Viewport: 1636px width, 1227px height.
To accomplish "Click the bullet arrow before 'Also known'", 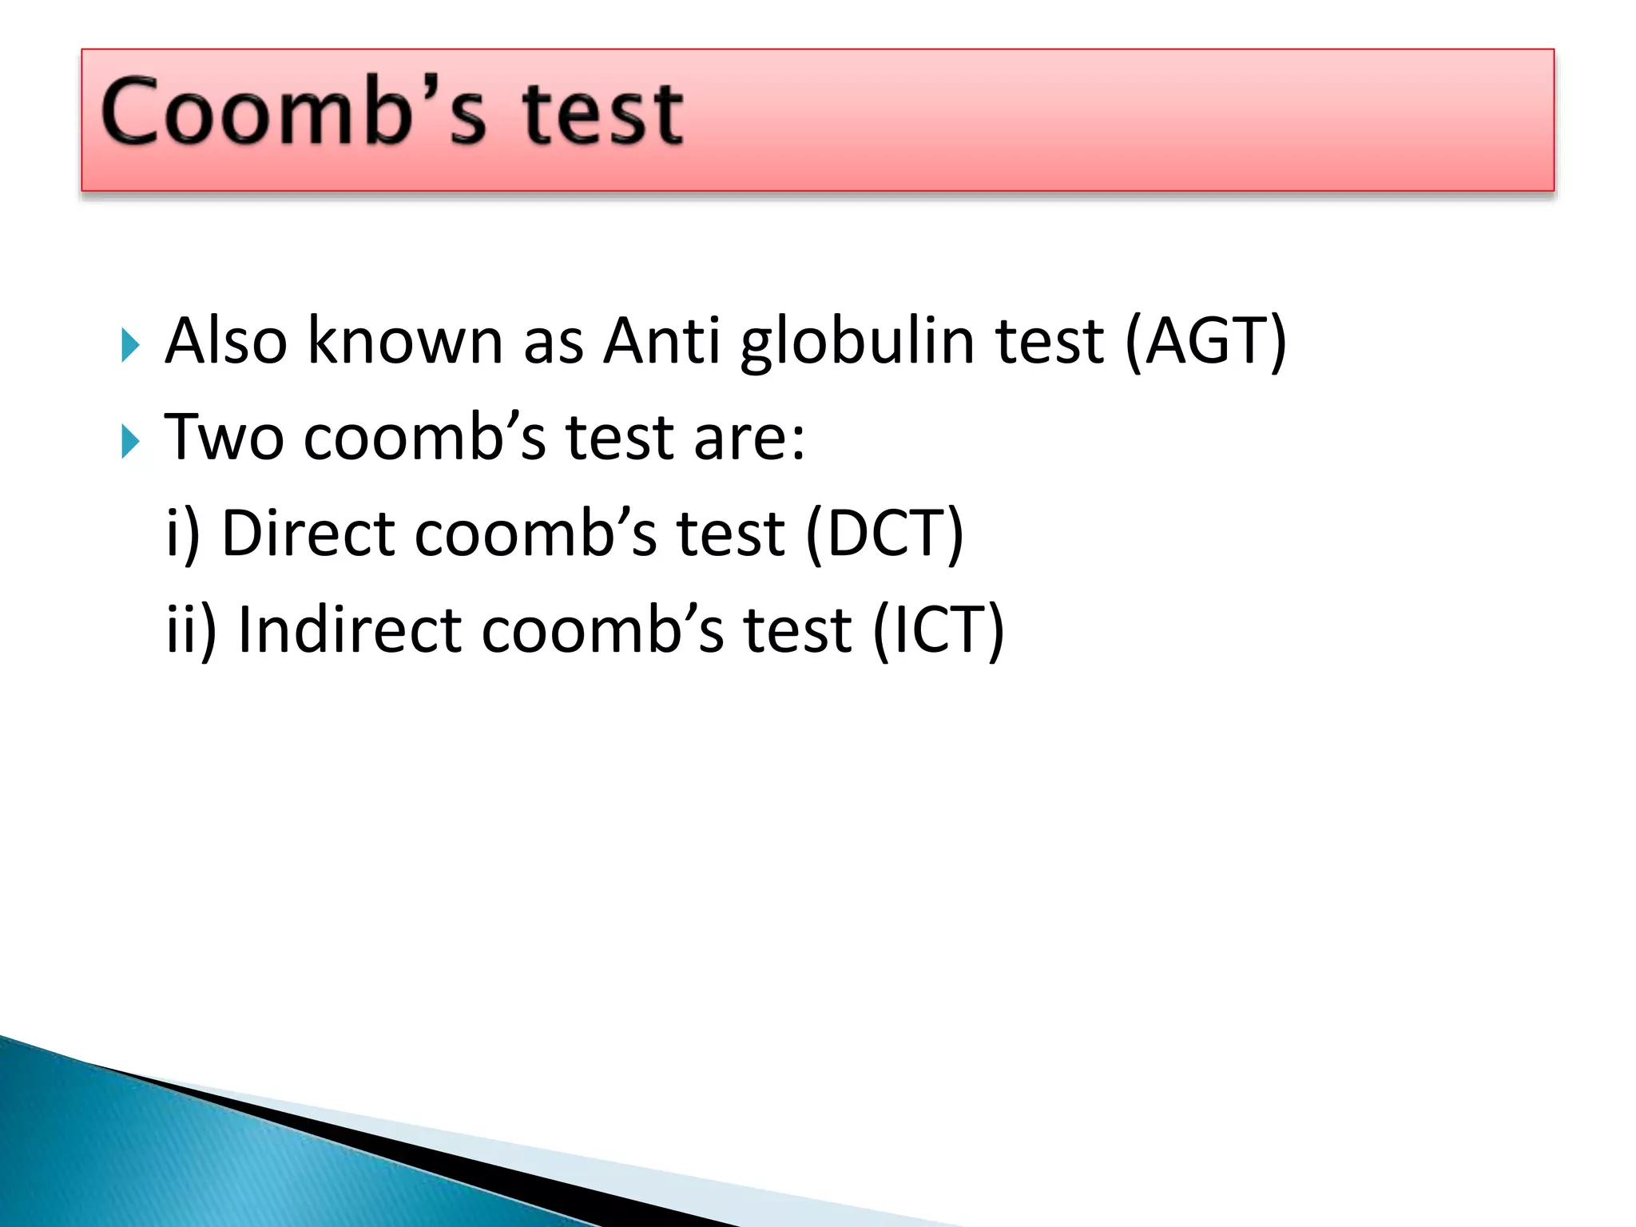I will pyautogui.click(x=131, y=345).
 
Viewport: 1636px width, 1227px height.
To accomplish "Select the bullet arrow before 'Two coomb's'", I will pyautogui.click(x=131, y=442).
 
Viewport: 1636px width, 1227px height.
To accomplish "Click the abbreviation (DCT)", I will pyautogui.click(x=885, y=534).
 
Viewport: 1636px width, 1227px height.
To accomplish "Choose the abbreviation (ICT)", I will pyautogui.click(x=939, y=630).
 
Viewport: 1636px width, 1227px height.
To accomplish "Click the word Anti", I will pyautogui.click(x=661, y=342).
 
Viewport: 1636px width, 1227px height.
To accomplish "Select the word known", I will pyautogui.click(x=405, y=342).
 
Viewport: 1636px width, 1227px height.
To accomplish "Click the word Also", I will pyautogui.click(x=226, y=342).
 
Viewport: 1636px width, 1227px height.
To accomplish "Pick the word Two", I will pyautogui.click(x=224, y=438).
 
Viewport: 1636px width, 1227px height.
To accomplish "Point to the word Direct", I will pyautogui.click(x=308, y=534).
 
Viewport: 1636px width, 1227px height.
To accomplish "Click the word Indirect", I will pyautogui.click(x=350, y=630).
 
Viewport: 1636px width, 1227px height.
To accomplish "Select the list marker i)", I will pyautogui.click(x=182, y=534).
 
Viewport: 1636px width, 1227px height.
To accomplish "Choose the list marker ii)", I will pyautogui.click(x=191, y=630).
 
